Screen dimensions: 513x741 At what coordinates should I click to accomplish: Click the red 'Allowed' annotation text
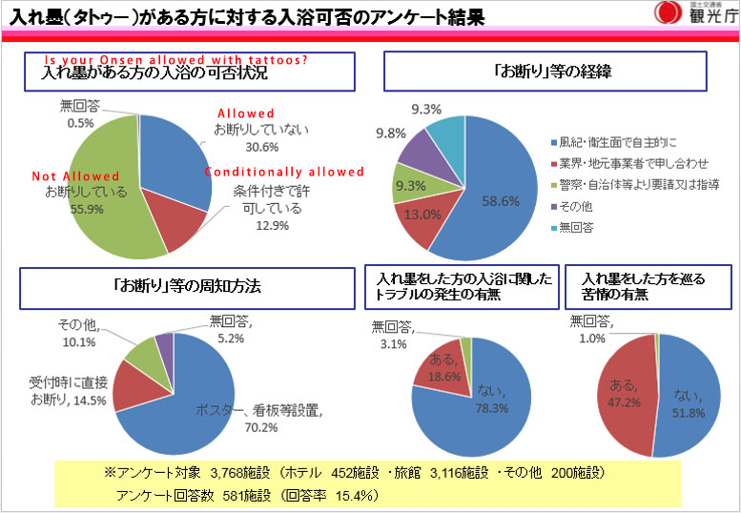[x=246, y=113]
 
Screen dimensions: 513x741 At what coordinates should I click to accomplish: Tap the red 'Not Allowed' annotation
[x=75, y=176]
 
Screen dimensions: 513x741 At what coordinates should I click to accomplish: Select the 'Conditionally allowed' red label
[x=286, y=173]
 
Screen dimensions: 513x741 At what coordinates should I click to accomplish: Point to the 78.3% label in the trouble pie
[x=494, y=408]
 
